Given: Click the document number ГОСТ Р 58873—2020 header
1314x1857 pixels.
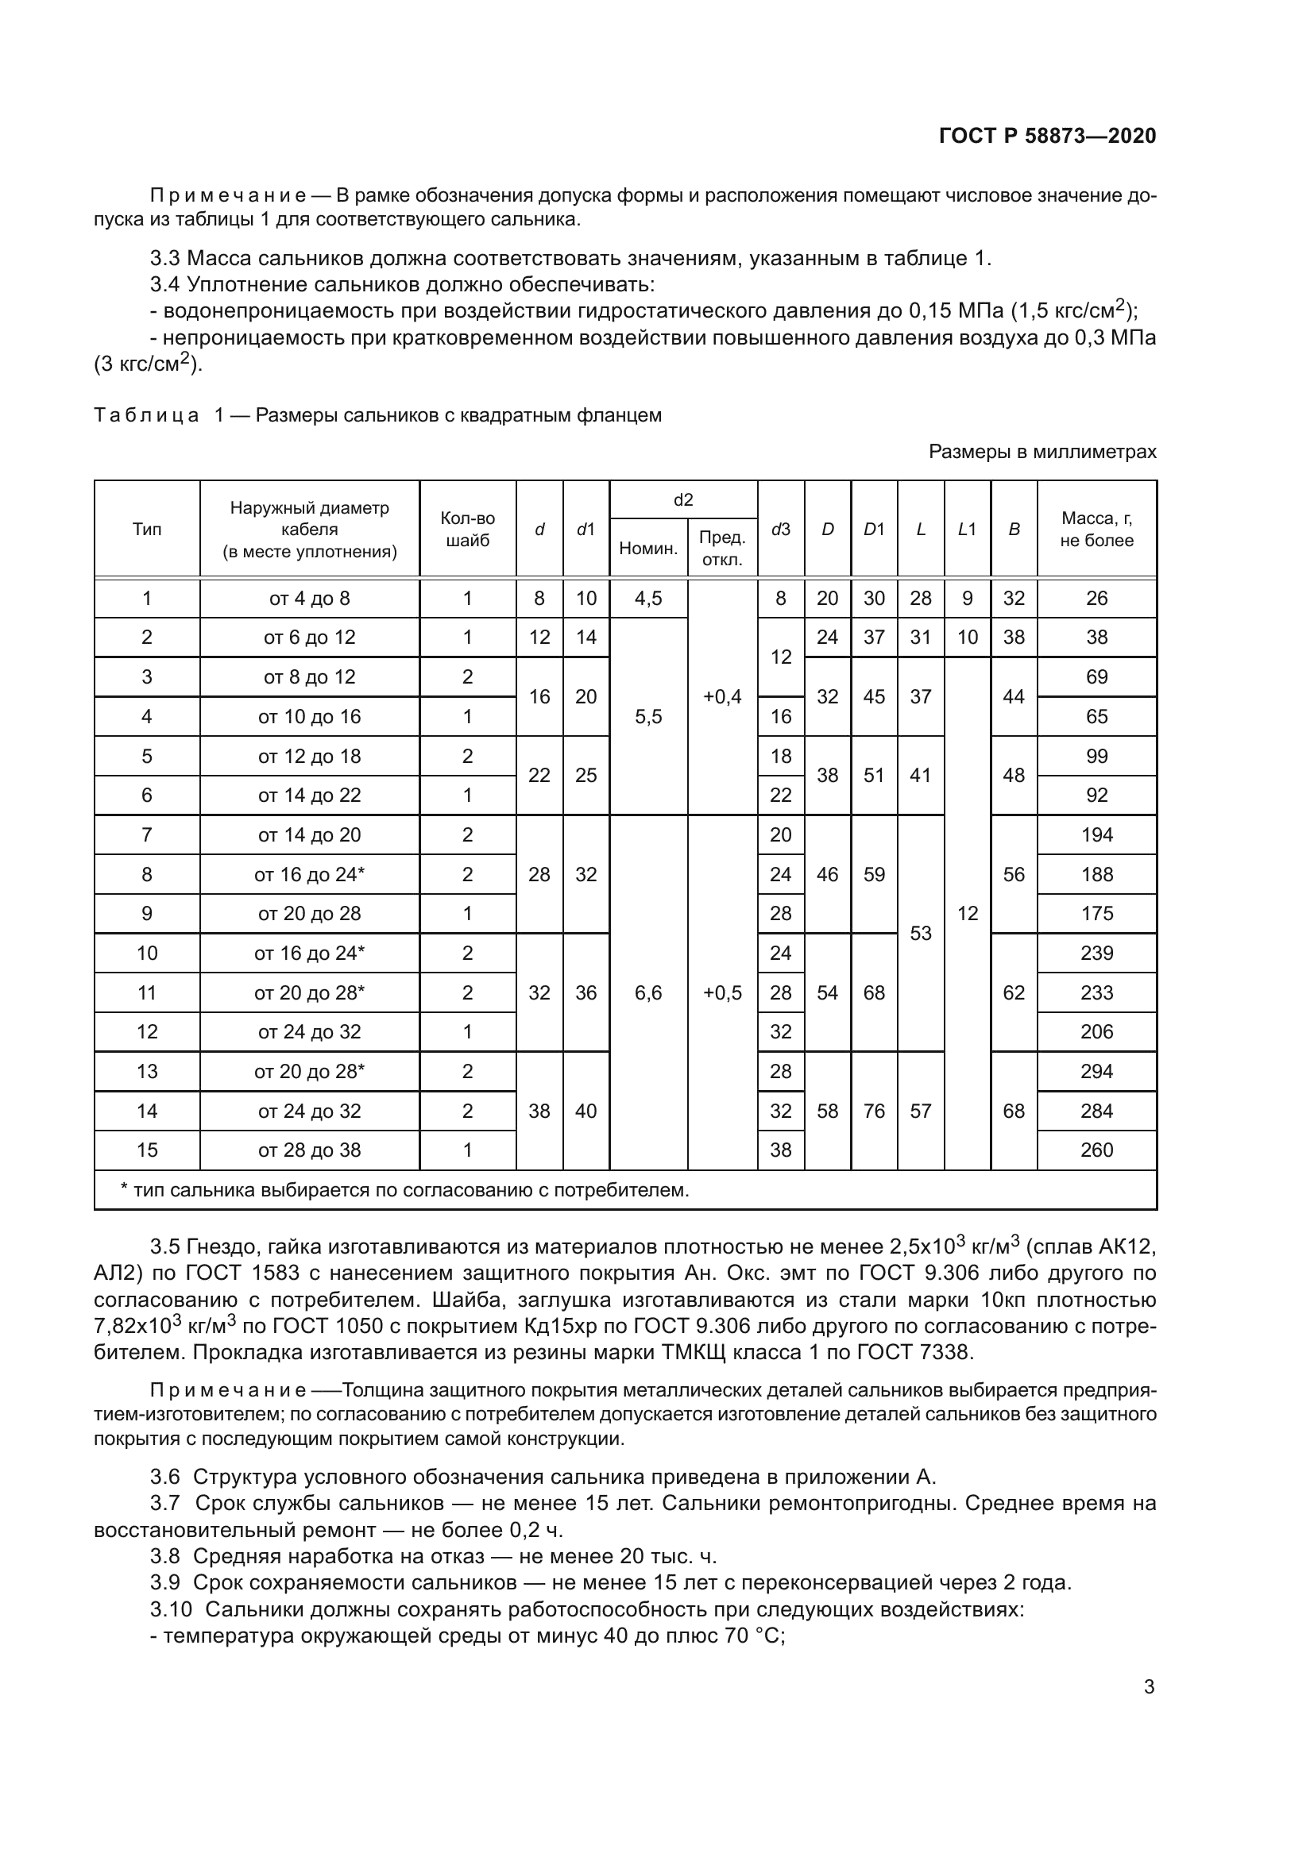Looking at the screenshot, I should (1047, 136).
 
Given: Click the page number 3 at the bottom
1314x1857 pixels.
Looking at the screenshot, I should (1149, 1687).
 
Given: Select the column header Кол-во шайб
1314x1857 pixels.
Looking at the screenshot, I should (467, 530).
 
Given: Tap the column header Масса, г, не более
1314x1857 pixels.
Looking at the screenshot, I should (1096, 530).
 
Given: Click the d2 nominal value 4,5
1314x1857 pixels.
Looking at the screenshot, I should (648, 599).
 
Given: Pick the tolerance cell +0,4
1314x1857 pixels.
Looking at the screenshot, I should (721, 697).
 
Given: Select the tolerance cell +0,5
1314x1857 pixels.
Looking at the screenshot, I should (721, 993).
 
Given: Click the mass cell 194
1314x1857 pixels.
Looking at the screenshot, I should (1096, 834).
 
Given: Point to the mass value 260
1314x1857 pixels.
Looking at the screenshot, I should (1096, 1150).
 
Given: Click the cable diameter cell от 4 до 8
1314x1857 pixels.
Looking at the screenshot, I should (309, 599).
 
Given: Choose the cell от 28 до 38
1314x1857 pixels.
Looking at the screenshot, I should (309, 1150).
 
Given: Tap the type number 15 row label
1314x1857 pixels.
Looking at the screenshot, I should (146, 1150).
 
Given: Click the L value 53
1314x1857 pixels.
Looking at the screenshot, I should (921, 934).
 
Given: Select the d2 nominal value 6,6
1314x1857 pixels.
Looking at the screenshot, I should (648, 993).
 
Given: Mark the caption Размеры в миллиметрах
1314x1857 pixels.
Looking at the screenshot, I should (1042, 452).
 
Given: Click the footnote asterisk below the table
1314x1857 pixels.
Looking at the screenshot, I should (124, 1189).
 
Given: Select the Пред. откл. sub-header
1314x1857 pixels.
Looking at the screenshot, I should (721, 549).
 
